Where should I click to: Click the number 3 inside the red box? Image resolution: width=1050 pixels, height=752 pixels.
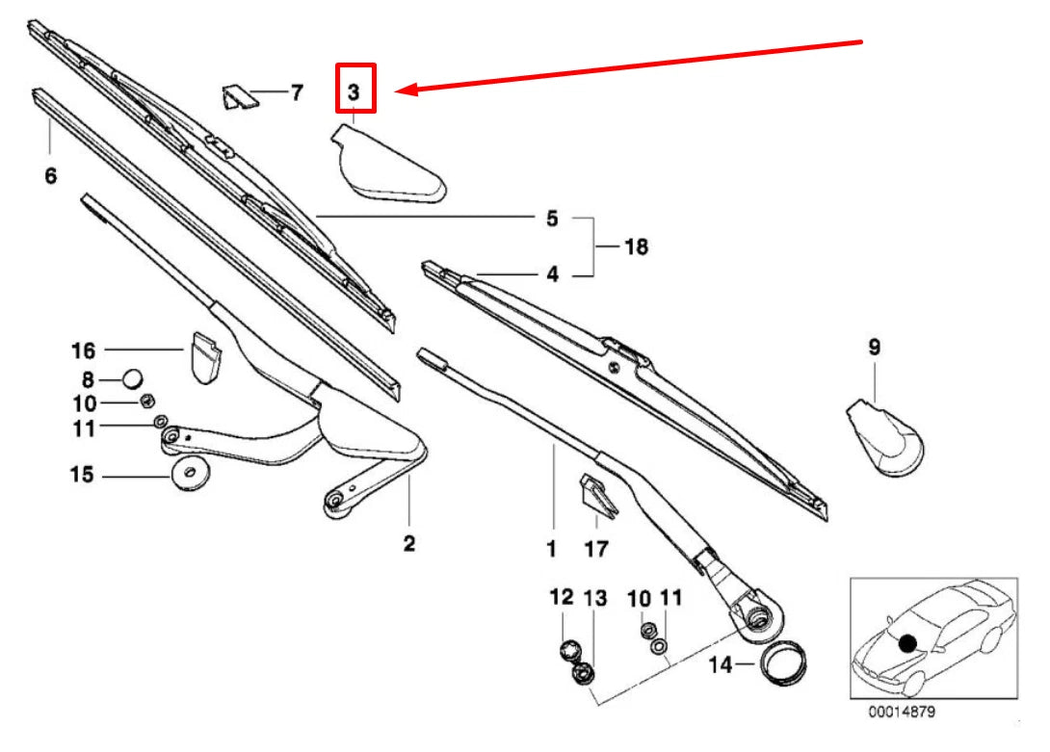click(354, 92)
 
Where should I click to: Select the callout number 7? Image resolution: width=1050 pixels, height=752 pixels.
click(296, 92)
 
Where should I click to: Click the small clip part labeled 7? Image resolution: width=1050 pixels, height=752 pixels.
click(237, 97)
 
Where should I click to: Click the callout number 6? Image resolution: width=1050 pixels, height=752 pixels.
click(51, 175)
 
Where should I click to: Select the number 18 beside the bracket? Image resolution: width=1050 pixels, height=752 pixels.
click(635, 246)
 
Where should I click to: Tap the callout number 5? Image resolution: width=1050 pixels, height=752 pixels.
click(552, 219)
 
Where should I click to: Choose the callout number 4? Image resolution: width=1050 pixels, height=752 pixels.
click(552, 274)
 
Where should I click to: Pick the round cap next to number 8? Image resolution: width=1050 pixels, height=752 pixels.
click(133, 377)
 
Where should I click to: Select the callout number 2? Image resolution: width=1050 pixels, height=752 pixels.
click(408, 544)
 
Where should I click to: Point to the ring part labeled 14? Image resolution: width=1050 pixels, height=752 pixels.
click(782, 664)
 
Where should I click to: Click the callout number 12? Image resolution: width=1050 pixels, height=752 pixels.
click(562, 598)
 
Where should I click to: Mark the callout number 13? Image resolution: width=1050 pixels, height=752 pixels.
click(596, 598)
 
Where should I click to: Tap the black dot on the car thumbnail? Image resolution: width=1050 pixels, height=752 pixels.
click(906, 642)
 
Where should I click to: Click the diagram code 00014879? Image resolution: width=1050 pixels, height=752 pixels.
click(901, 713)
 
